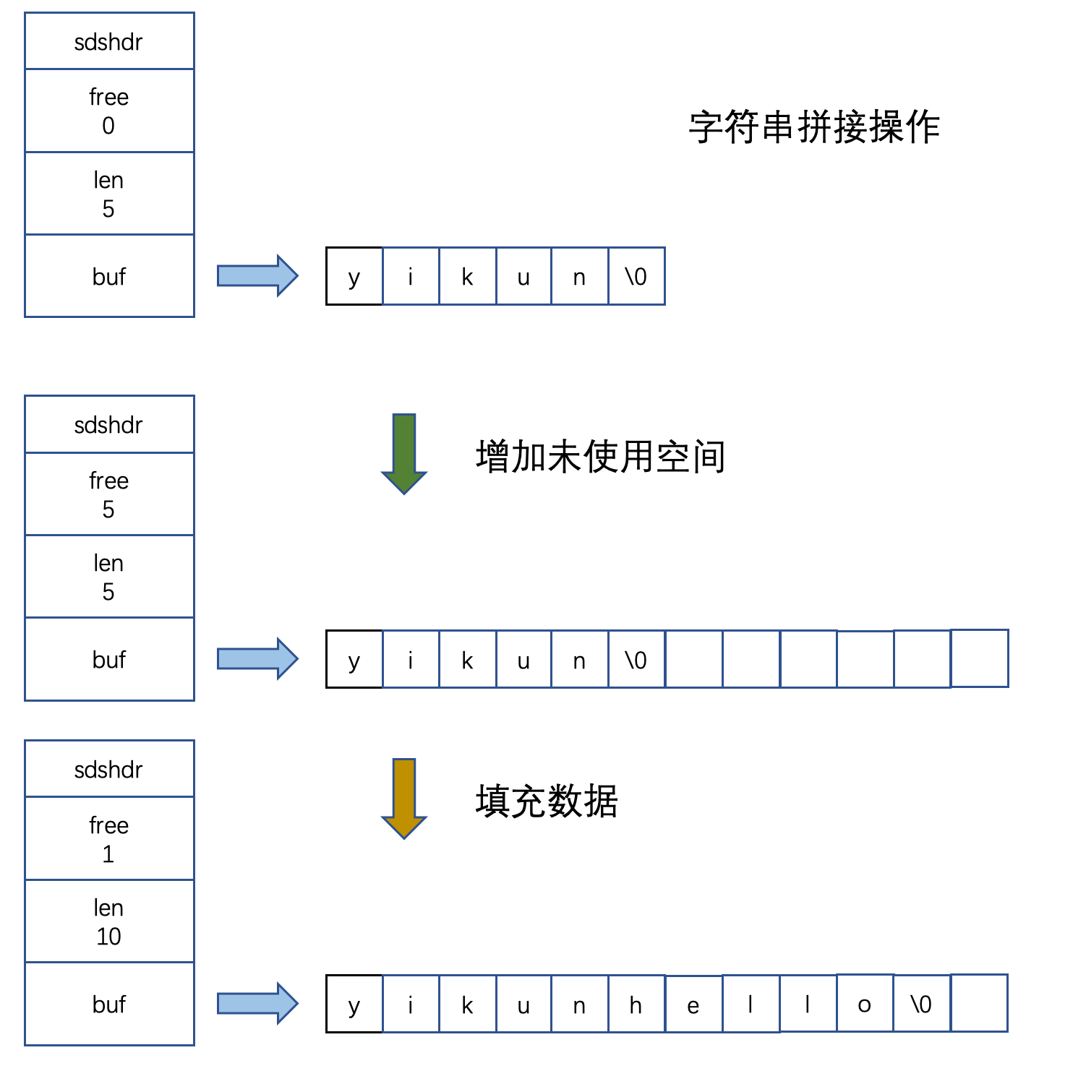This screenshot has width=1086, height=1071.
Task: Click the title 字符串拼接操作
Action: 813,128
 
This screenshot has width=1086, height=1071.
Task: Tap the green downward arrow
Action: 403,453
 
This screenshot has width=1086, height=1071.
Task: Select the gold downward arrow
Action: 403,798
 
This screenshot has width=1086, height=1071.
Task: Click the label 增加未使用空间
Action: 600,457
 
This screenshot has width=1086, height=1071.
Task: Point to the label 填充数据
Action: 547,801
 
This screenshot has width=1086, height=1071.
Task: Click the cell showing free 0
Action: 109,111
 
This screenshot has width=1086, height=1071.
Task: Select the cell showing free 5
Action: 109,494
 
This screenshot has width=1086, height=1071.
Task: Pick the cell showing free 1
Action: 109,839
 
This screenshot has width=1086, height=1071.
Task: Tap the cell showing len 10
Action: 109,921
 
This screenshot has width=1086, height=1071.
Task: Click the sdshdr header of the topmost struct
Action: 109,42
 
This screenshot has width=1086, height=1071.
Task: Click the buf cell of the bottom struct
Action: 109,1004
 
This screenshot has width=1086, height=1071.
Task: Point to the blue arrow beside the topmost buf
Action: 257,275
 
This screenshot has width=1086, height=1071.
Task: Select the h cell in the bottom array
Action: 636,1004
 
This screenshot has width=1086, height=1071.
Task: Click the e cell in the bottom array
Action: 693,1004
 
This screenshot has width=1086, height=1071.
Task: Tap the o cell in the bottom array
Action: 865,1004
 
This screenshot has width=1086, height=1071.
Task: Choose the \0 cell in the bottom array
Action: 922,1004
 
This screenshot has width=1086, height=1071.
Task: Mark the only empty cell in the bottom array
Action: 979,1003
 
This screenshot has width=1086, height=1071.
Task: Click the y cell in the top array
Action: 354,276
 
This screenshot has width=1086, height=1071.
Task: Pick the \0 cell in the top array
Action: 636,276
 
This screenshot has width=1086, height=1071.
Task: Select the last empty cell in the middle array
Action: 979,658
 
